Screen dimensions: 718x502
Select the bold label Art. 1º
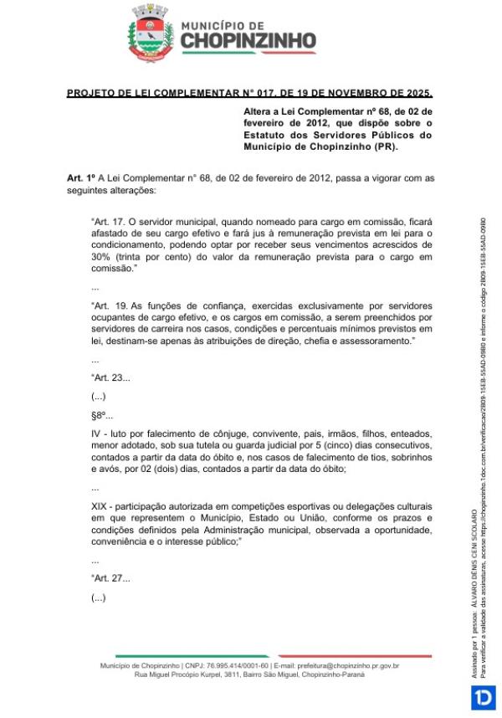tap(80, 178)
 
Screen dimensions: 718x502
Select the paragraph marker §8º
tap(101, 416)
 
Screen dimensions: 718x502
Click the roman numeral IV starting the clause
tap(96, 434)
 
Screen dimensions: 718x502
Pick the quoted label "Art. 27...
tap(110, 578)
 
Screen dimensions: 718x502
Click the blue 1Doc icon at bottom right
tap(484, 697)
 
